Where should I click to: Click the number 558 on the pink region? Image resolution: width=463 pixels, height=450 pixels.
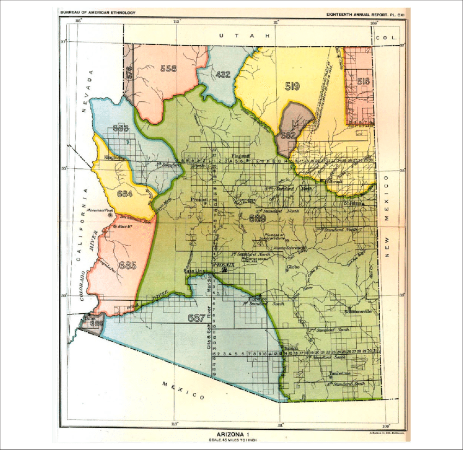(x=168, y=69)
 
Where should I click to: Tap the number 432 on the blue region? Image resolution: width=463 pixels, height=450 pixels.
(x=223, y=75)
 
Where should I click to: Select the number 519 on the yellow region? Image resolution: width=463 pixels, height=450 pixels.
(x=292, y=86)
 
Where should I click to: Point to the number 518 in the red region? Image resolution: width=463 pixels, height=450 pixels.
(x=363, y=81)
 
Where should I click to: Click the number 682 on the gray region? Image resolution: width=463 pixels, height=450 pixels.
(x=288, y=135)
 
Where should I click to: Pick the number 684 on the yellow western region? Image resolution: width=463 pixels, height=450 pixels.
(x=124, y=193)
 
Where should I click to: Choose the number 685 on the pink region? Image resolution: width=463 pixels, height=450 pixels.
(x=127, y=265)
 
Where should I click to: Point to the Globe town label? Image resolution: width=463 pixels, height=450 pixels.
(x=286, y=267)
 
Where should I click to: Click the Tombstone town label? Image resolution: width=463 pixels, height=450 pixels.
(x=340, y=374)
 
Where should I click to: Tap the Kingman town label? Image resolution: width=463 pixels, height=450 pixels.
(x=114, y=158)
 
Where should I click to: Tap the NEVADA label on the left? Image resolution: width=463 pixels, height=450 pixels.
(x=89, y=92)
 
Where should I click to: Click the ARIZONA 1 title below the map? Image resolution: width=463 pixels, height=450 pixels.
(x=231, y=434)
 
